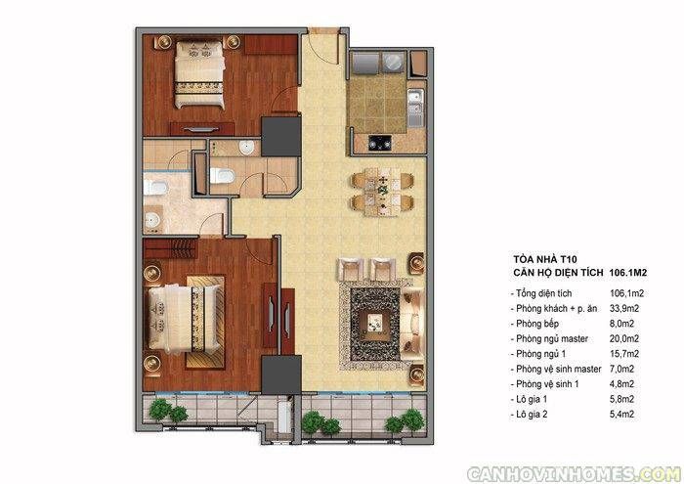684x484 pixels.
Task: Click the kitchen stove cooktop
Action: point(380,143)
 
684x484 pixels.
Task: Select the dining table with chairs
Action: point(383,192)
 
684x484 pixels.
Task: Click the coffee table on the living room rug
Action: point(375,323)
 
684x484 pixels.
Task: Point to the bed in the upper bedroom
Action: point(199,73)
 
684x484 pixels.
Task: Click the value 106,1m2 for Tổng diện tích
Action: point(626,293)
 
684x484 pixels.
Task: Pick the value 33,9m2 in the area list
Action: point(623,309)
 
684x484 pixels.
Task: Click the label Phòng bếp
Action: point(537,324)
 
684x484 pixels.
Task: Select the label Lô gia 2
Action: point(532,415)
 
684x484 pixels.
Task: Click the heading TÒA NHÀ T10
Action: point(545,260)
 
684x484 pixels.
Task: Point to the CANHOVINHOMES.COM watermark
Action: point(575,473)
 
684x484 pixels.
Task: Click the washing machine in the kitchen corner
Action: point(393,63)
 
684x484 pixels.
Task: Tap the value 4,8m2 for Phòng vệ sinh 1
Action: point(621,384)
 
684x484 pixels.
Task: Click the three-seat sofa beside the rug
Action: point(413,322)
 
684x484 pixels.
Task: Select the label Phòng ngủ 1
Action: point(540,354)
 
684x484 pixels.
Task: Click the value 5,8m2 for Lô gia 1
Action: point(621,399)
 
